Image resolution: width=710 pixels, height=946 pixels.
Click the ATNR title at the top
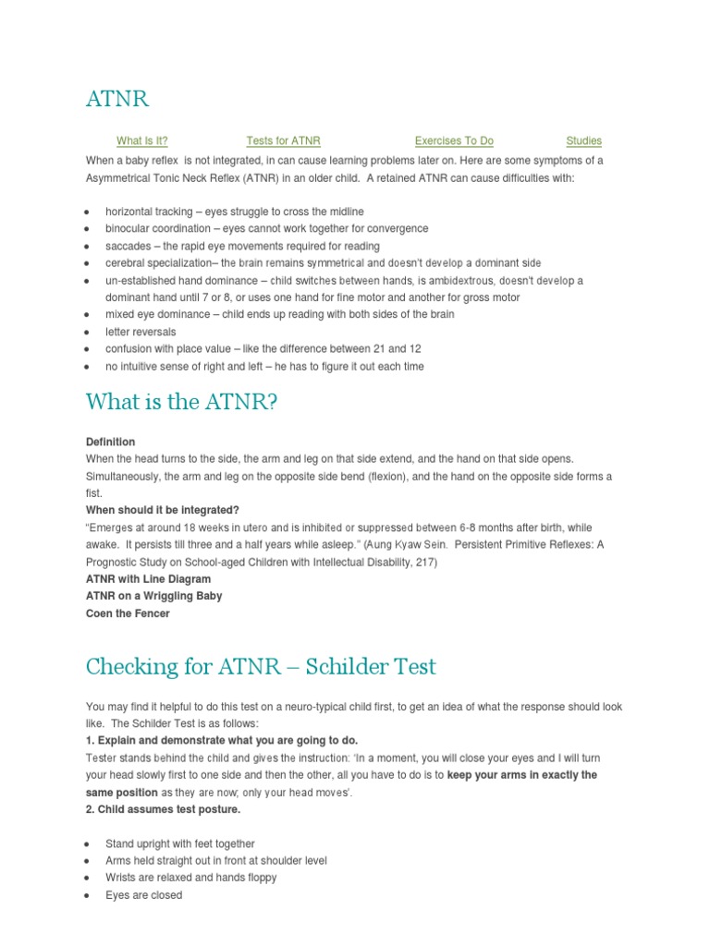[117, 99]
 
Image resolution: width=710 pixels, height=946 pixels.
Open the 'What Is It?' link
[142, 141]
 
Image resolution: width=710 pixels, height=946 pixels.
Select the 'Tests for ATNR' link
[283, 141]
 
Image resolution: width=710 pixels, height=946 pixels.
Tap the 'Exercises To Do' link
[454, 141]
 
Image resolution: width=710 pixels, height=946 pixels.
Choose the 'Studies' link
[583, 141]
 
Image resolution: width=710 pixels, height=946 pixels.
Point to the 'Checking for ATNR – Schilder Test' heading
[261, 666]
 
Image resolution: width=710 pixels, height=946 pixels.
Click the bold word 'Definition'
[110, 442]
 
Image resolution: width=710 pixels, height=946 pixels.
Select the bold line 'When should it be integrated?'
[162, 510]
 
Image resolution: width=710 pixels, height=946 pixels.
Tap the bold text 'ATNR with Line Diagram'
[148, 579]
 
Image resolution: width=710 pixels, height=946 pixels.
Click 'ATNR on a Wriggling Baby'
[153, 596]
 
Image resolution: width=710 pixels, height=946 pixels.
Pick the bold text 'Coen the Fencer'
[128, 613]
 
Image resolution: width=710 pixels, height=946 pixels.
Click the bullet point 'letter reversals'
[141, 332]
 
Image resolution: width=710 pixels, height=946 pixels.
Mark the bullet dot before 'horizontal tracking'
[86, 212]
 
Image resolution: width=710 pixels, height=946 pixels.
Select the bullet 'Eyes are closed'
[143, 895]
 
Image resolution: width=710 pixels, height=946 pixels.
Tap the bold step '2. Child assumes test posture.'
[163, 809]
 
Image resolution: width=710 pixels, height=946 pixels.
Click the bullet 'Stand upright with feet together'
[179, 843]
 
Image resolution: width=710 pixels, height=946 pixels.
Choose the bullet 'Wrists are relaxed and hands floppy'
[190, 878]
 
